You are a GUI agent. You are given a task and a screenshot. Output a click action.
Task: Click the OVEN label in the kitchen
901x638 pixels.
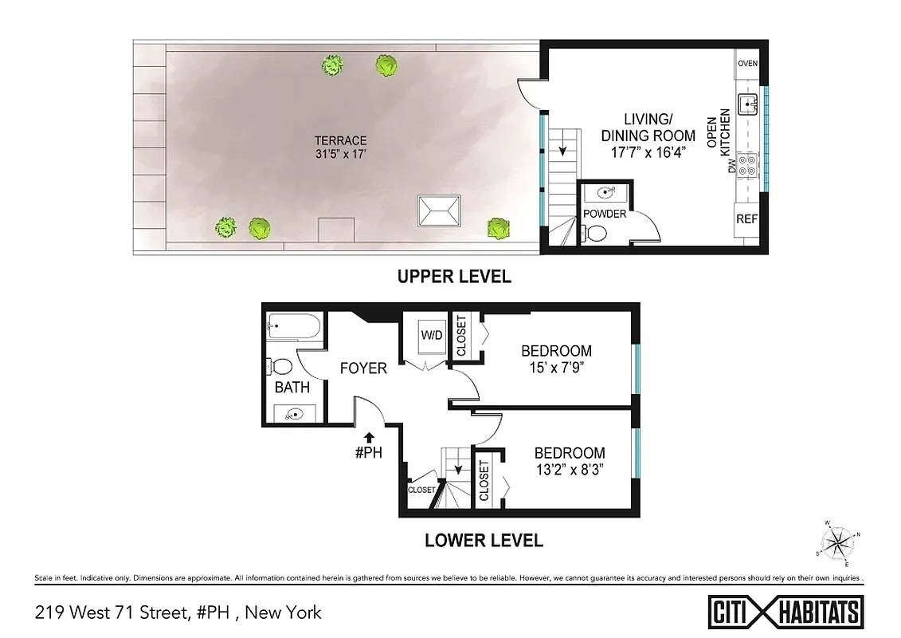click(746, 64)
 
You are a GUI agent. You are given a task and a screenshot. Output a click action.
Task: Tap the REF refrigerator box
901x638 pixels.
click(746, 219)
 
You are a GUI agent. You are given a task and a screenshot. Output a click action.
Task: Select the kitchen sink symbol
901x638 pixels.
click(747, 104)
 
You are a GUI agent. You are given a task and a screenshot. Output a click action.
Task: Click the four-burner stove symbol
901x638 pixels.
click(747, 165)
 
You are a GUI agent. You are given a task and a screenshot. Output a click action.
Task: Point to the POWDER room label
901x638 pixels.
click(605, 214)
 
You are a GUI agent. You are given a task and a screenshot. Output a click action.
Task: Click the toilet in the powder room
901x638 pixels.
click(594, 233)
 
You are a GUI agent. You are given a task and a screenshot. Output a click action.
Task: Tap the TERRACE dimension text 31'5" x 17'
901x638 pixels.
click(339, 155)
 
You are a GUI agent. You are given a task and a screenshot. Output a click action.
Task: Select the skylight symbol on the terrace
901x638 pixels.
click(438, 212)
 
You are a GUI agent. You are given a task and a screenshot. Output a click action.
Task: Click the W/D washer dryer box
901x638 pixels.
click(431, 336)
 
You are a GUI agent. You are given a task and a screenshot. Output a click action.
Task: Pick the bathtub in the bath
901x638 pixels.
click(294, 326)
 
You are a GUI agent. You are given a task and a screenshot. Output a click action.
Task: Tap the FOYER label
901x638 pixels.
click(363, 368)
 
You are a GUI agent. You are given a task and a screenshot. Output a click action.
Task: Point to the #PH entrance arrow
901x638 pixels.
click(370, 436)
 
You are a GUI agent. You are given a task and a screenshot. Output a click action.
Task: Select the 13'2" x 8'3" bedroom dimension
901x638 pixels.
click(569, 470)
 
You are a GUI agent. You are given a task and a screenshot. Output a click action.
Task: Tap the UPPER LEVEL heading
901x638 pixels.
click(454, 277)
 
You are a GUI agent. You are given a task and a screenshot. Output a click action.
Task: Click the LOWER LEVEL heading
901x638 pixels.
click(484, 540)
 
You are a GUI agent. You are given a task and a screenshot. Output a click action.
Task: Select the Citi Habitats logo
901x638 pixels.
click(785, 612)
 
